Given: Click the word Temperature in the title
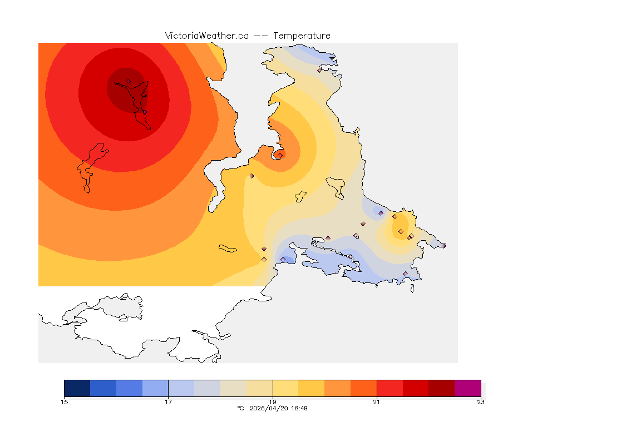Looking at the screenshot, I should [x=302, y=36].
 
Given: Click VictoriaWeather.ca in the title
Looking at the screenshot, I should [x=206, y=36].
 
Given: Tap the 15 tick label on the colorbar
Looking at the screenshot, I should [x=64, y=402].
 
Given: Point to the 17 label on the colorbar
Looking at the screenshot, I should [x=168, y=402].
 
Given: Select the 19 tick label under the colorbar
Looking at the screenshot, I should [x=273, y=402].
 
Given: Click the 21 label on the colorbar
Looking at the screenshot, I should [x=377, y=402].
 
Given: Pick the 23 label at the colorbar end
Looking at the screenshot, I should [x=481, y=402].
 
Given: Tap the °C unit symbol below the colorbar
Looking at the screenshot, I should [x=240, y=408].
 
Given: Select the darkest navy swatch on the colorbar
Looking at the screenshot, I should [x=77, y=388].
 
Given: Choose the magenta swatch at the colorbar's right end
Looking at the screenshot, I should [x=467, y=388].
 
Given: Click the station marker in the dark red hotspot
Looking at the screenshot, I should [x=128, y=81].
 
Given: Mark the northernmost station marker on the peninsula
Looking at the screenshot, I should [x=320, y=70].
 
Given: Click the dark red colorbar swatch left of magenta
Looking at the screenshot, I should [x=441, y=388].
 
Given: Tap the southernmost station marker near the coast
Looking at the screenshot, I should [x=405, y=274].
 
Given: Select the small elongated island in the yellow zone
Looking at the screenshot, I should [x=228, y=249].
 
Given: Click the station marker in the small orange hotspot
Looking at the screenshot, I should [x=280, y=155].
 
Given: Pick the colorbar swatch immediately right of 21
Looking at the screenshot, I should [x=389, y=388].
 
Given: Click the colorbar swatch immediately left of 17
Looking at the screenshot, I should [x=155, y=388].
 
